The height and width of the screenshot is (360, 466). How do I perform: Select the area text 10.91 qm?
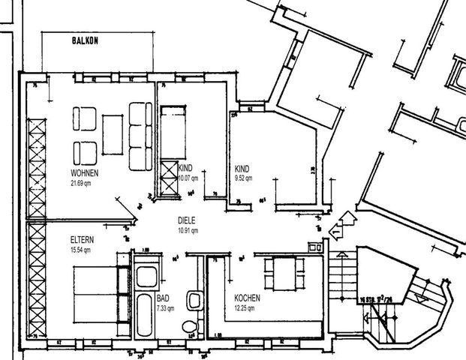188,229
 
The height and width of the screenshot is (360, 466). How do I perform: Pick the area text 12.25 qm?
247,307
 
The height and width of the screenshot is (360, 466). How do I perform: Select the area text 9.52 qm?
244,178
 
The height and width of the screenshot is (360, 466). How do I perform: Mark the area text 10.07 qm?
188,178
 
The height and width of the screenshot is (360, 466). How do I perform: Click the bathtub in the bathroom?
145,315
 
